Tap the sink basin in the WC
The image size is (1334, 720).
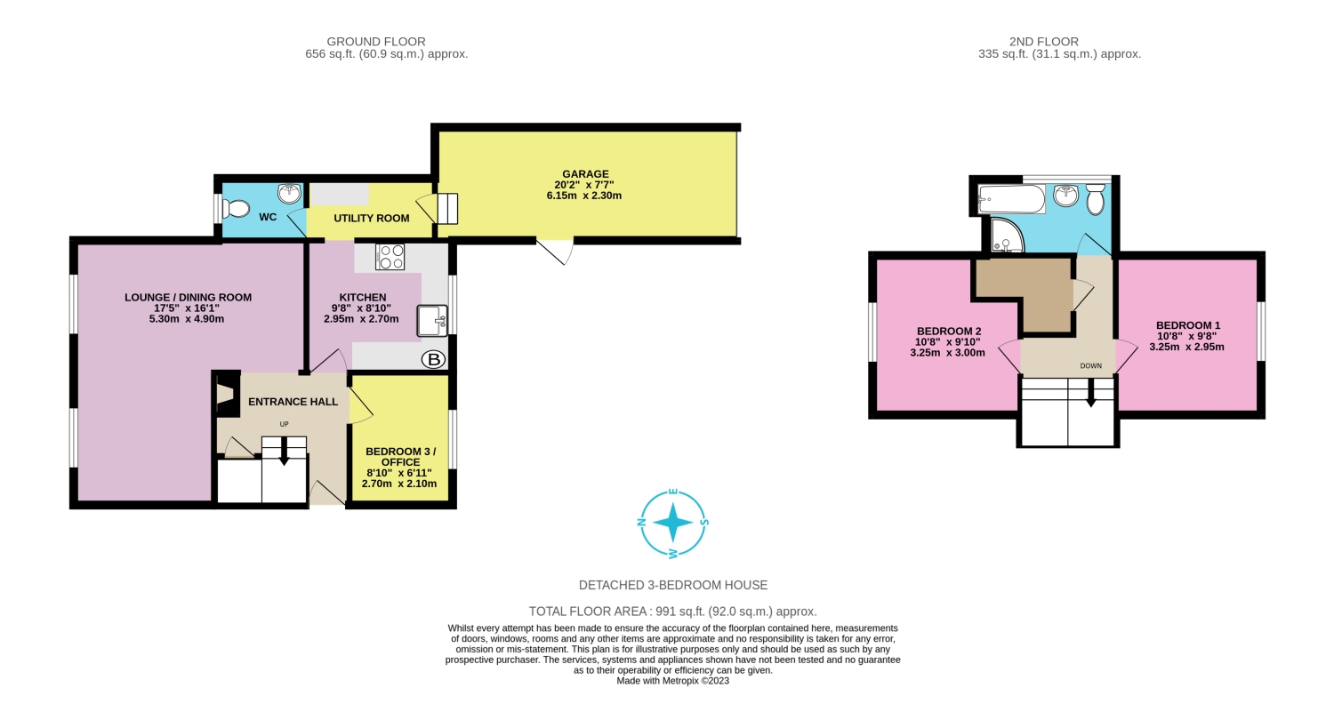coord(289,193)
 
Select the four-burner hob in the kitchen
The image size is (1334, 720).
coord(391,257)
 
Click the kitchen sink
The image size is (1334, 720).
coord(432,320)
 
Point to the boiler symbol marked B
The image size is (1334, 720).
coord(433,359)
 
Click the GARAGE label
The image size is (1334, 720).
coord(584,174)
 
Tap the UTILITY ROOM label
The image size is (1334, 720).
coord(371,218)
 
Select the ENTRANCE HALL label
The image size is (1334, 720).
coord(293,402)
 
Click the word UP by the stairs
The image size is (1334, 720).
coord(285,424)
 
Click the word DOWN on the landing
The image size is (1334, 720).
coord(1090,365)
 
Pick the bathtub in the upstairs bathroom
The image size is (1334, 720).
coord(1011,199)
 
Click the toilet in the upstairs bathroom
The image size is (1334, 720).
coord(1095,198)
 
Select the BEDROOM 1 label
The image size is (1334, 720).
coord(1187,325)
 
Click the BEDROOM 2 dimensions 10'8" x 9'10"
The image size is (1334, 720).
coord(947,341)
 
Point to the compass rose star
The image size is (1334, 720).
coord(673,523)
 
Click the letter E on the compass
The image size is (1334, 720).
coord(673,492)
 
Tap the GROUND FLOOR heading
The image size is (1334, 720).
coord(376,42)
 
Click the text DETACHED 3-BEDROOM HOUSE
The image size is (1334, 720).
coord(672,585)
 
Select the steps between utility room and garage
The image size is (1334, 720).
coord(446,209)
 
